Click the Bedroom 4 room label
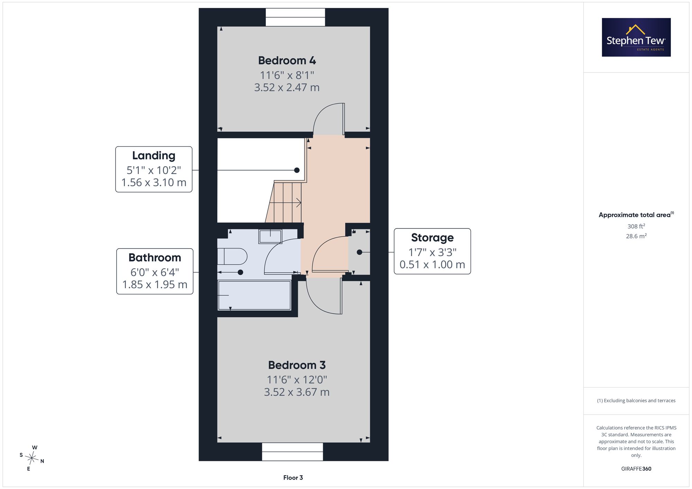tap(287, 60)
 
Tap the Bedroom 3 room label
tap(297, 365)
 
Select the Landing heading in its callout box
tap(154, 156)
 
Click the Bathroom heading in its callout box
tap(155, 257)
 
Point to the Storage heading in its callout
tap(432, 238)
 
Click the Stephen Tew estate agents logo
tap(636, 37)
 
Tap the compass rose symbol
tap(32, 458)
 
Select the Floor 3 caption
tap(293, 478)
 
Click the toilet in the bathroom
tap(232, 256)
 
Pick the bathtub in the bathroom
tap(254, 295)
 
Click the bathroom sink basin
tap(270, 236)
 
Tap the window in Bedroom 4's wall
tap(295, 17)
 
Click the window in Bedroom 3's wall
tap(292, 452)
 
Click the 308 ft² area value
tap(636, 226)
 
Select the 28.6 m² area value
tap(636, 236)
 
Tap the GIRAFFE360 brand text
tap(636, 469)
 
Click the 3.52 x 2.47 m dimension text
tap(287, 87)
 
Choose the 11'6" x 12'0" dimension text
tap(297, 380)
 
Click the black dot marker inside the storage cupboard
tap(359, 252)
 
